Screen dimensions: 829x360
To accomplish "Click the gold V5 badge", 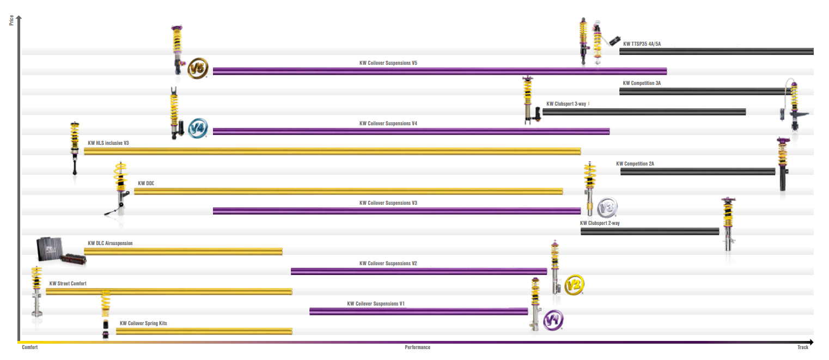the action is tap(198, 69).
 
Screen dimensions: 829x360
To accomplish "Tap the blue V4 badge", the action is tap(198, 129).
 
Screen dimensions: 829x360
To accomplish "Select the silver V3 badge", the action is tap(607, 207).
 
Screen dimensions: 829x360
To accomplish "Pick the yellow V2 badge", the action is tap(574, 285).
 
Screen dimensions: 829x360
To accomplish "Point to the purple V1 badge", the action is tap(553, 320).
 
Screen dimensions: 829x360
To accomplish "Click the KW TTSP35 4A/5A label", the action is tap(642, 44).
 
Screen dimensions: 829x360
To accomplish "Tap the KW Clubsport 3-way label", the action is tap(566, 104).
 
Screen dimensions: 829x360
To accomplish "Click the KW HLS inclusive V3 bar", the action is tap(332, 151).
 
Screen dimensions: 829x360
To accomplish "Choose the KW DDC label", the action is tap(146, 183).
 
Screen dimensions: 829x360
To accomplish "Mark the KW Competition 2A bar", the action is tap(698, 172).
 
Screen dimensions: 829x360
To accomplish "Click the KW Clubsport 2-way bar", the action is tap(650, 231).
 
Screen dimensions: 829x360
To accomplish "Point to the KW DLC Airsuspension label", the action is tap(110, 243).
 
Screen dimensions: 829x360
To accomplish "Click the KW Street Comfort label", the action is tap(68, 283).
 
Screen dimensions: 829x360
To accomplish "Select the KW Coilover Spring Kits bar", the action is tap(204, 332).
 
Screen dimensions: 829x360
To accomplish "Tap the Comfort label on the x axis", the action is tap(29, 347).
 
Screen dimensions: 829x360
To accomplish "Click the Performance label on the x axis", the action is tap(417, 347).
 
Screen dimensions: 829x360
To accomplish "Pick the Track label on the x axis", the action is tap(803, 347).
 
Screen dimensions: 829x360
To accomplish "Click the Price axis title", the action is tap(11, 20).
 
